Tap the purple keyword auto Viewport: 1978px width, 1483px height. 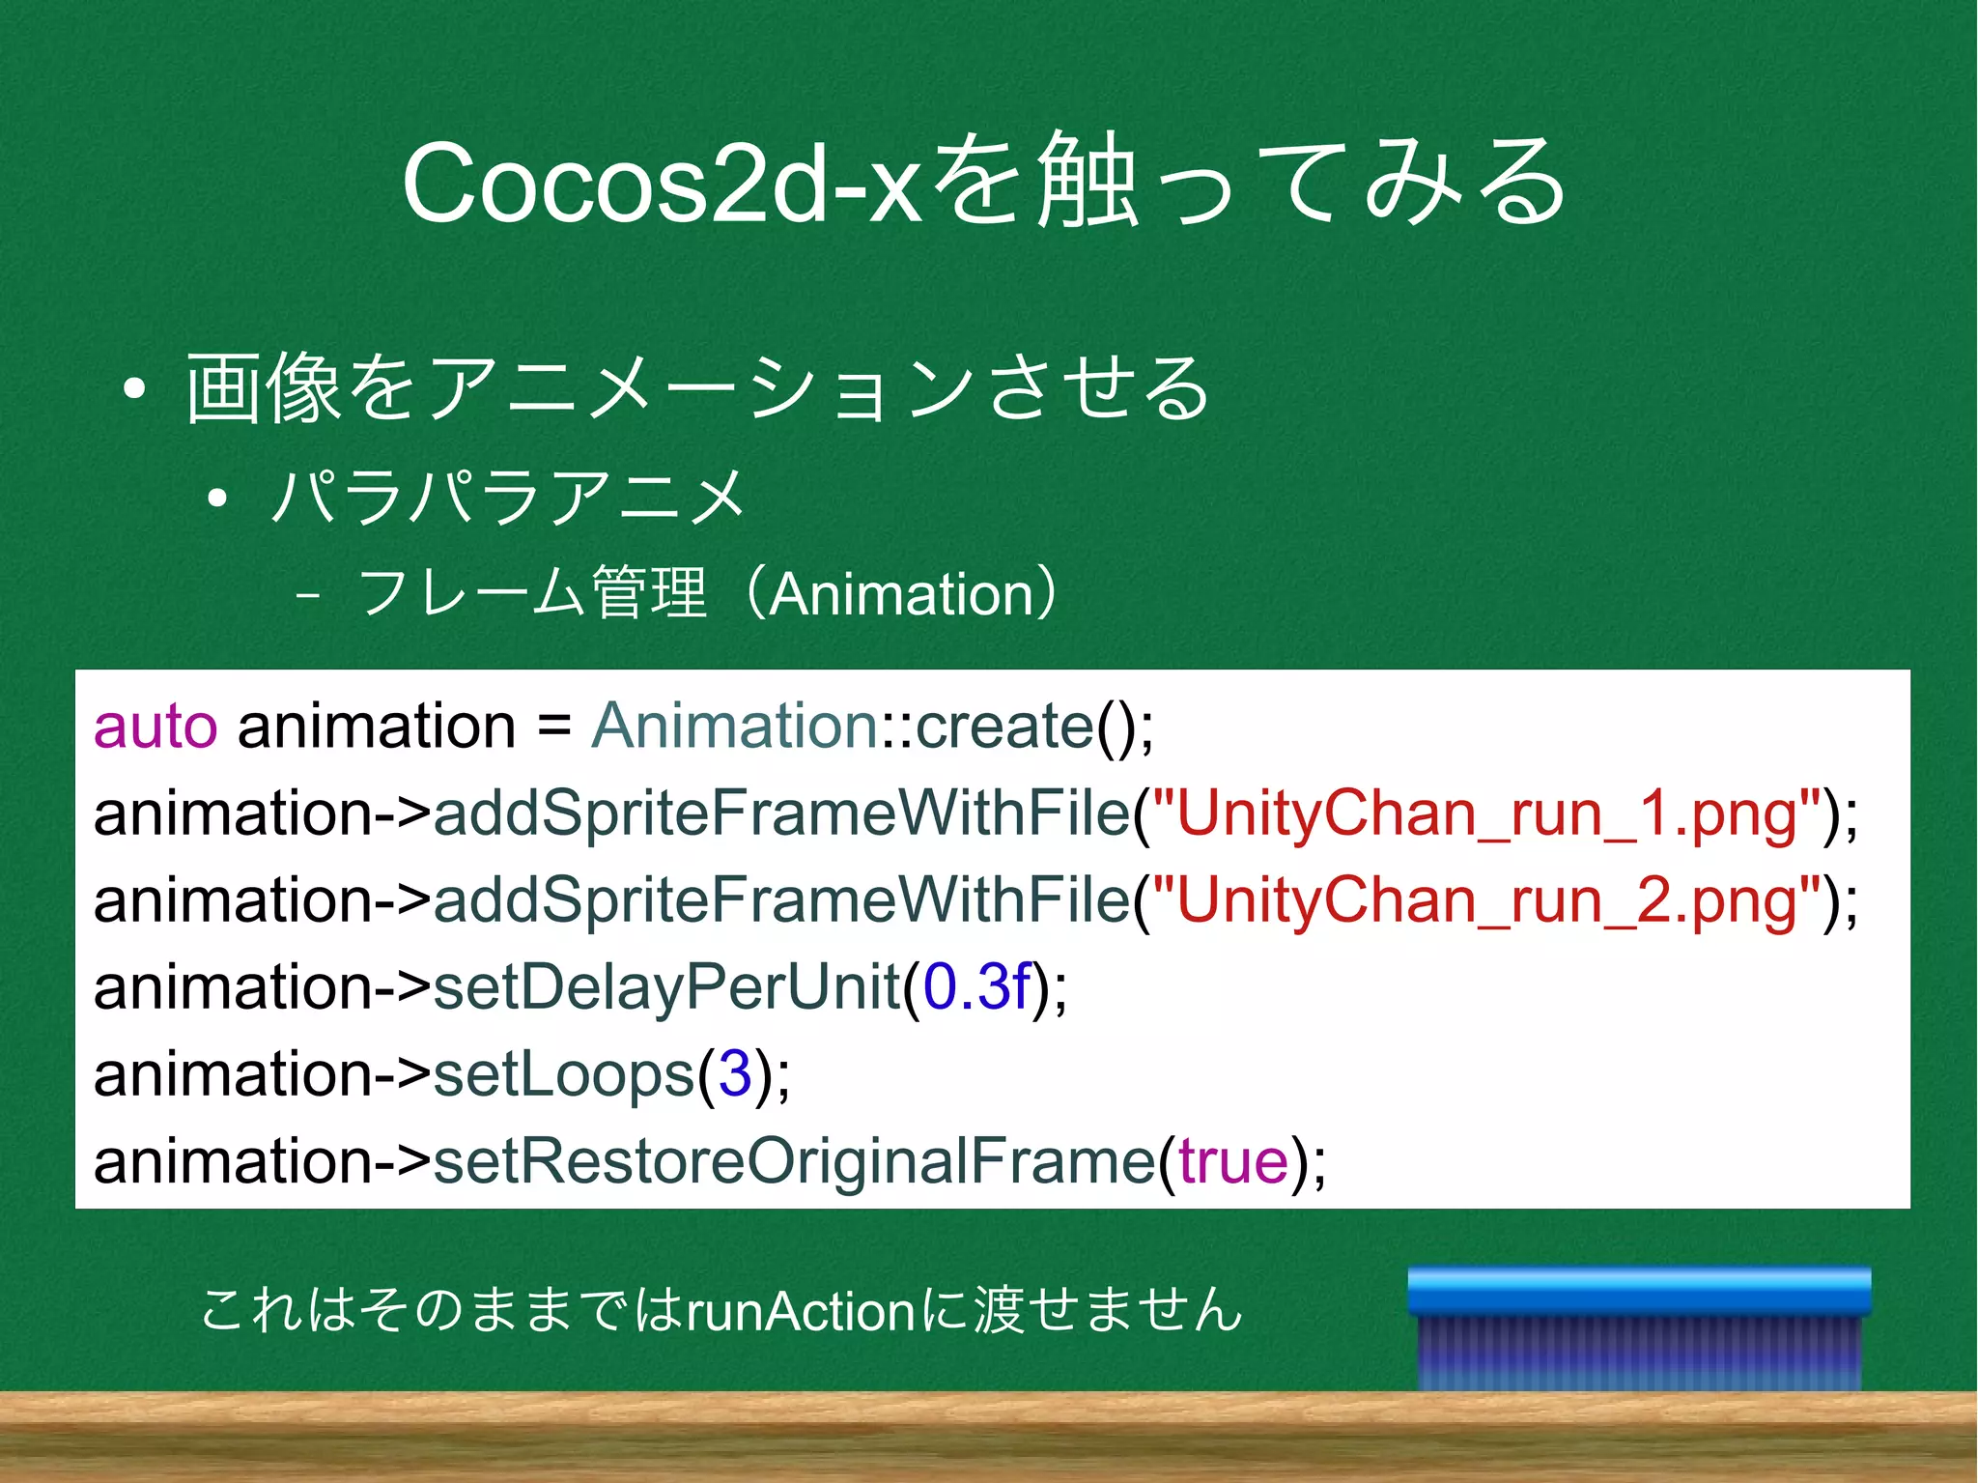point(155,727)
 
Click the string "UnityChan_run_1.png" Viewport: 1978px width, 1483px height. point(1487,813)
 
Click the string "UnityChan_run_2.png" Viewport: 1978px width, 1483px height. point(1487,900)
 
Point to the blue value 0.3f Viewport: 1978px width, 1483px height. point(976,987)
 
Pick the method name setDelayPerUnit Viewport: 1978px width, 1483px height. point(666,987)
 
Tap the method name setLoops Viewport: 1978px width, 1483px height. point(563,1074)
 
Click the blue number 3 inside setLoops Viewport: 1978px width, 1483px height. point(735,1074)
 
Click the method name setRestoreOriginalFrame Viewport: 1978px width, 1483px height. point(794,1161)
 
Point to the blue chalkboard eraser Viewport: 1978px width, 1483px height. point(1639,1328)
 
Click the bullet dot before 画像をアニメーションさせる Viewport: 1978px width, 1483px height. point(134,389)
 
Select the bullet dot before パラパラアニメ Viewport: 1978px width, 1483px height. point(217,499)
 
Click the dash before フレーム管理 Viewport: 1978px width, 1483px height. point(308,595)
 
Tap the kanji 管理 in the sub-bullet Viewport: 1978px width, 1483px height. point(649,593)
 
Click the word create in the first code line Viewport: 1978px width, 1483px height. point(1004,727)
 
